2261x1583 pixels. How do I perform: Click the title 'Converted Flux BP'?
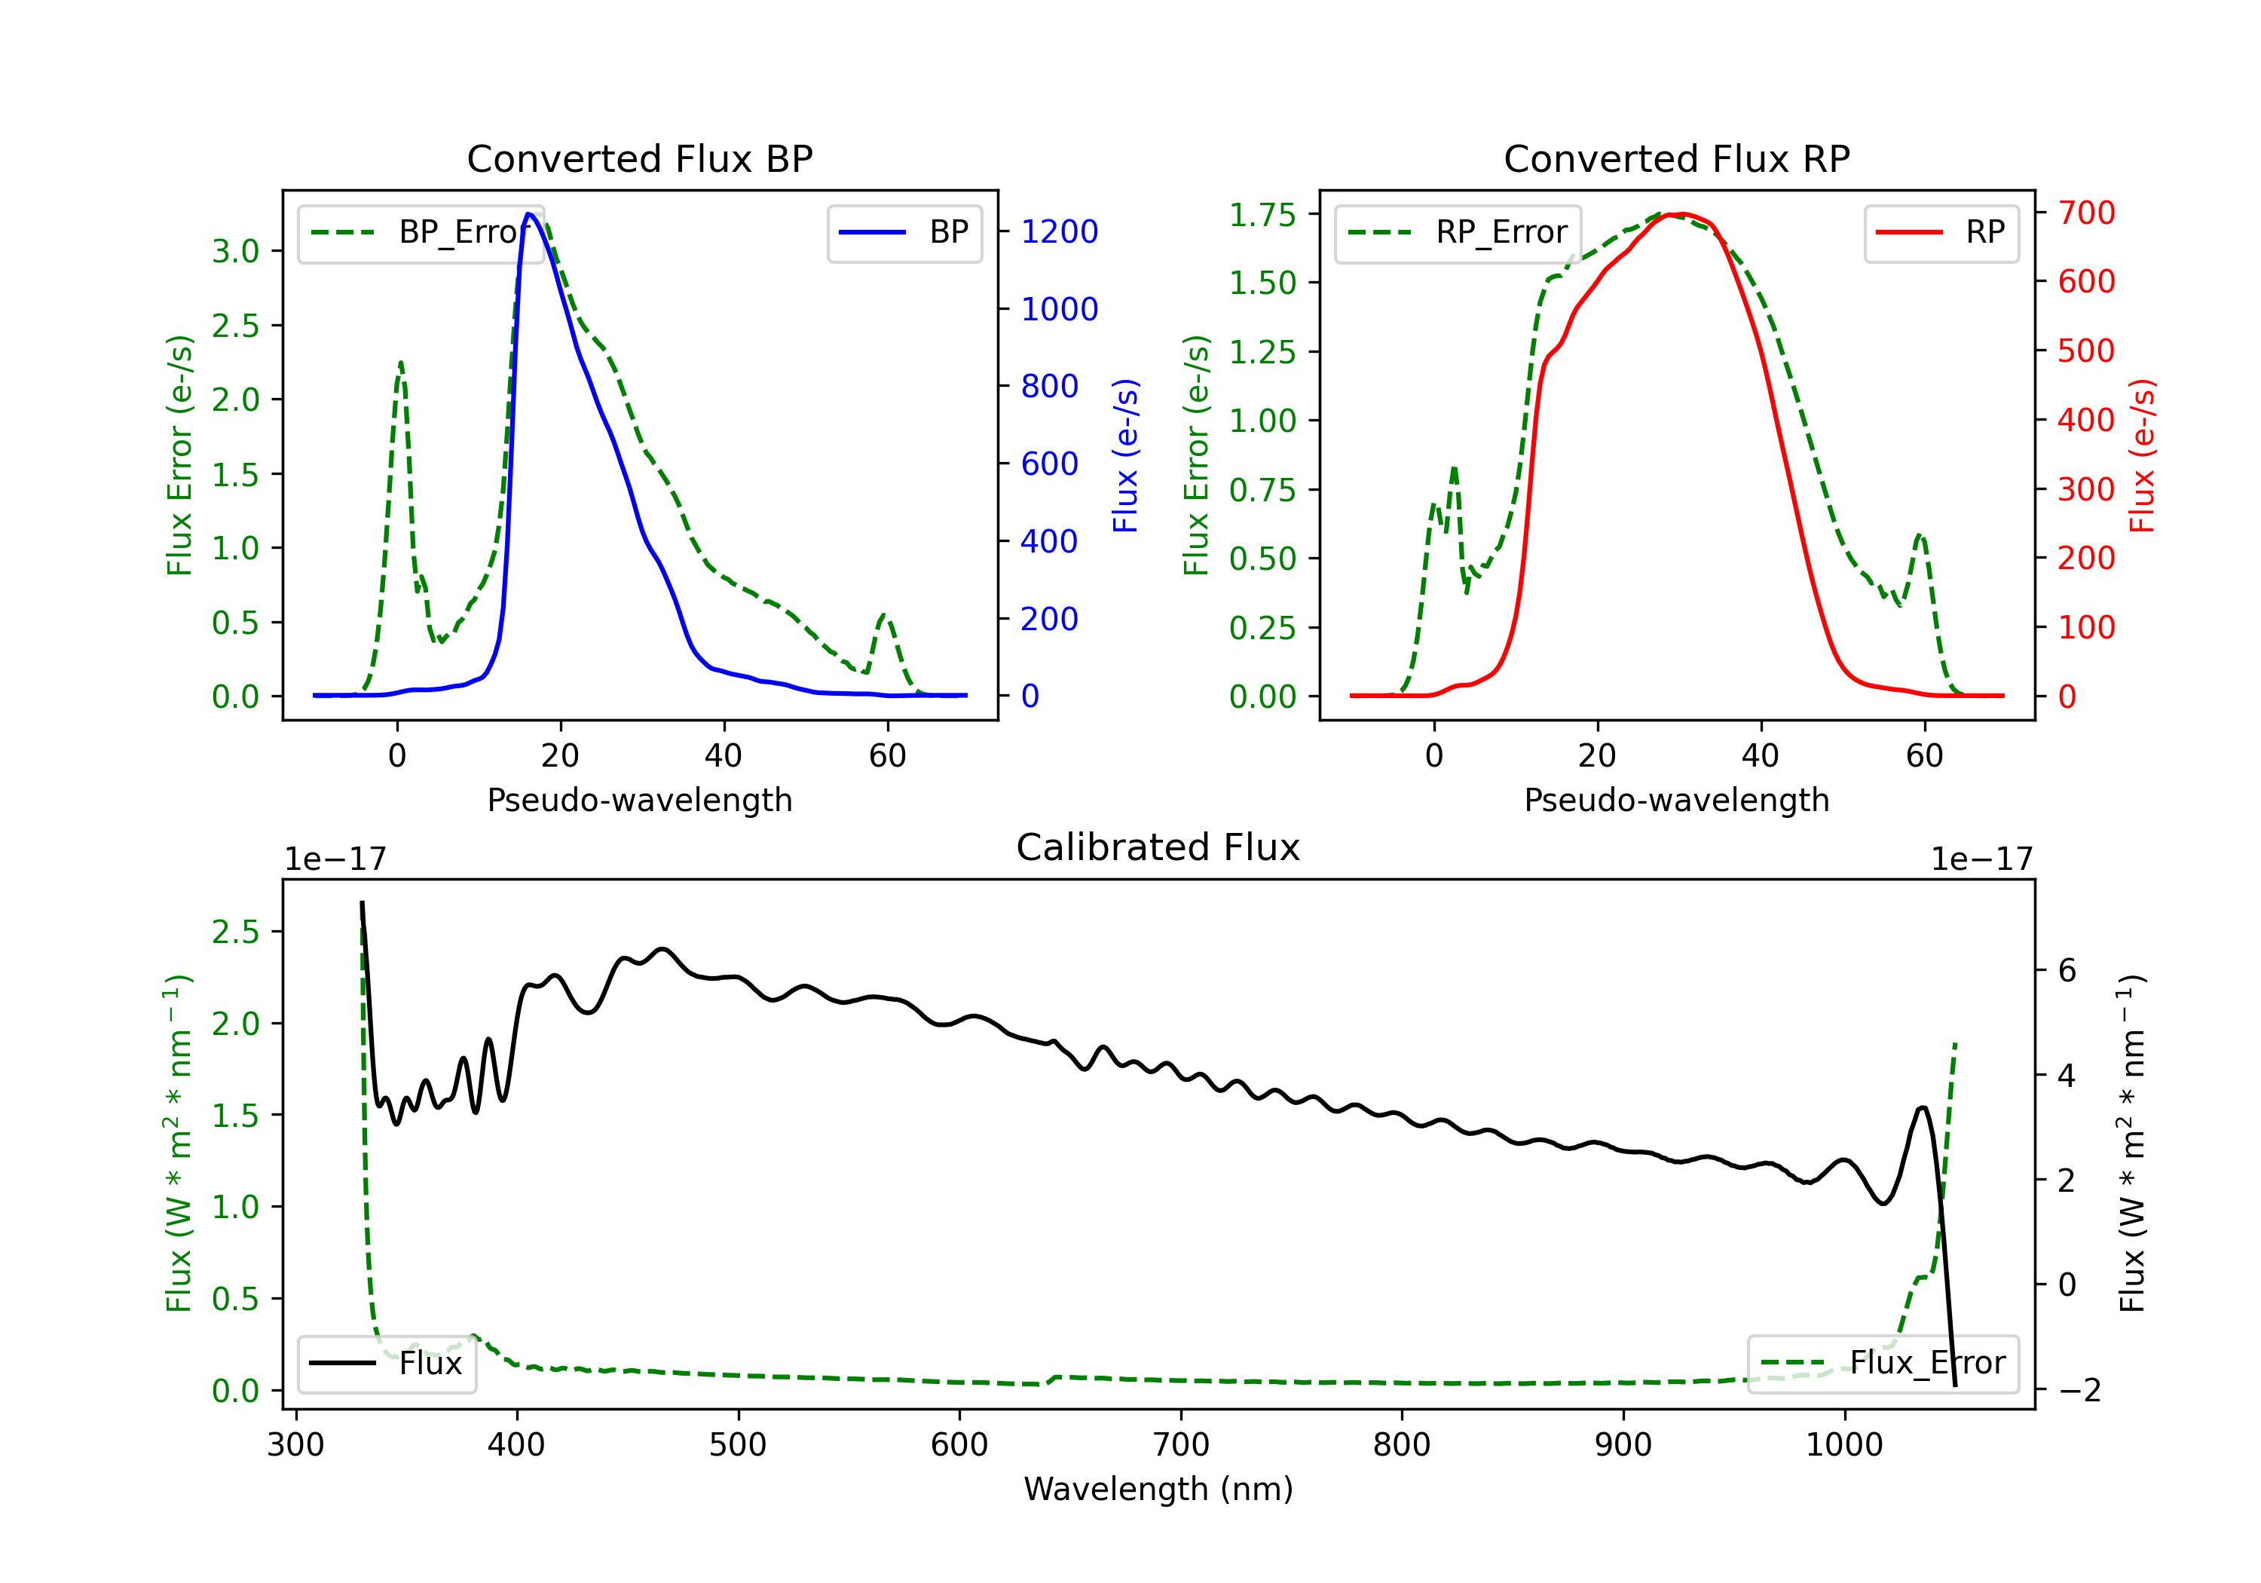[639, 158]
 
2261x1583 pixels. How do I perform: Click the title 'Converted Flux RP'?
[1676, 158]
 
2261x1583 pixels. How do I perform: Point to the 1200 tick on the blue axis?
[1059, 231]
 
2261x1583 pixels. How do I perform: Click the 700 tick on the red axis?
[2085, 213]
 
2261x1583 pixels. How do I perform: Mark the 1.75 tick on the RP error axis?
[1262, 214]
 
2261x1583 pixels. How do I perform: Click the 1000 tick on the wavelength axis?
[1843, 1444]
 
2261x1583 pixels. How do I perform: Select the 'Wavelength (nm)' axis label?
[1158, 1489]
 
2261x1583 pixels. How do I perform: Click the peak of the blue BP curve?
[530, 214]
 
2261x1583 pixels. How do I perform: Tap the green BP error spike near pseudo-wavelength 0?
[399, 363]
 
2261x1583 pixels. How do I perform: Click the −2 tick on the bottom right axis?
[2079, 1390]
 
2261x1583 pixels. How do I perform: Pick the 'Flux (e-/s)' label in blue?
[1125, 455]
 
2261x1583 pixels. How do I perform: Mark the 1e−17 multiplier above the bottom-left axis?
[335, 859]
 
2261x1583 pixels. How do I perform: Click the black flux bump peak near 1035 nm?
[1923, 1107]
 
